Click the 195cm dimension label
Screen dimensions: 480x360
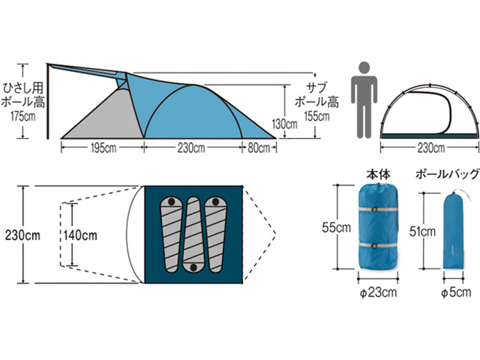click(104, 148)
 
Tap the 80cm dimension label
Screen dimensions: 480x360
click(259, 148)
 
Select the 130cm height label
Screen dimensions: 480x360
click(285, 124)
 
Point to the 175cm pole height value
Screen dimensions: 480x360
click(23, 117)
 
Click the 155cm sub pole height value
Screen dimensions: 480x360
click(317, 117)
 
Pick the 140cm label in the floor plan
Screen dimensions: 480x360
click(80, 235)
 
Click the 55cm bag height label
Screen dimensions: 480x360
click(336, 228)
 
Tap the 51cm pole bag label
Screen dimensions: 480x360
click(422, 232)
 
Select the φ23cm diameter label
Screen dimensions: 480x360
click(379, 292)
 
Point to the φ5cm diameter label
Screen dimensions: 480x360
click(456, 292)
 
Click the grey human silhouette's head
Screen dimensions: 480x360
click(364, 68)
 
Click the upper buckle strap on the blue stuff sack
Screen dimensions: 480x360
click(379, 210)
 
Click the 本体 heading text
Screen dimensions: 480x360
click(379, 175)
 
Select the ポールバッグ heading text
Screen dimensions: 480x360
click(447, 174)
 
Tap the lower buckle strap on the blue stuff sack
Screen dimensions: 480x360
click(379, 245)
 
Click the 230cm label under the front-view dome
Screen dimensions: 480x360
click(431, 148)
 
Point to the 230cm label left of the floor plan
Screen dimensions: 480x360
click(23, 235)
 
